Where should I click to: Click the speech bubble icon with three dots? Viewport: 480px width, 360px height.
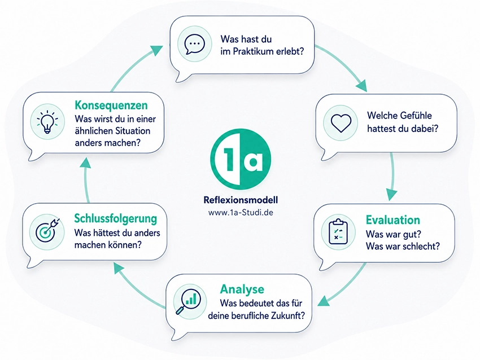pyautogui.click(x=195, y=44)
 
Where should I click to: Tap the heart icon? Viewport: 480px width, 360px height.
pyautogui.click(x=341, y=123)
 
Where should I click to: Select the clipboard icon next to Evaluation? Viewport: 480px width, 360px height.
pyautogui.click(x=338, y=232)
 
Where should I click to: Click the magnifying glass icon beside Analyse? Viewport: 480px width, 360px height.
pyautogui.click(x=188, y=301)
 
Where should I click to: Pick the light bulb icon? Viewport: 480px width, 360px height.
pyautogui.click(x=47, y=121)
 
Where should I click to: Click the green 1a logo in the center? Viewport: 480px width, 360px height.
pyautogui.click(x=241, y=159)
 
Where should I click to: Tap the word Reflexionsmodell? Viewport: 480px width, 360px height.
pyautogui.click(x=241, y=200)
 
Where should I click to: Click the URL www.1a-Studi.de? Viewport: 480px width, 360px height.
pyautogui.click(x=241, y=212)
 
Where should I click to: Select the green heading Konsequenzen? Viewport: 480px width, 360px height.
pyautogui.click(x=111, y=105)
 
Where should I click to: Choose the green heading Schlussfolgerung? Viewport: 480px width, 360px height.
pyautogui.click(x=115, y=219)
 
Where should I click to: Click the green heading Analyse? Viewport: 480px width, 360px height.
pyautogui.click(x=242, y=289)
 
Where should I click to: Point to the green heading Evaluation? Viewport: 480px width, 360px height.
pyautogui.click(x=393, y=220)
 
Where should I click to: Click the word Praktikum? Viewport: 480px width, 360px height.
pyautogui.click(x=253, y=51)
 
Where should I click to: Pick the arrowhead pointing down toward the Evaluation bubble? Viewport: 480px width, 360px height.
pyautogui.click(x=391, y=194)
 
